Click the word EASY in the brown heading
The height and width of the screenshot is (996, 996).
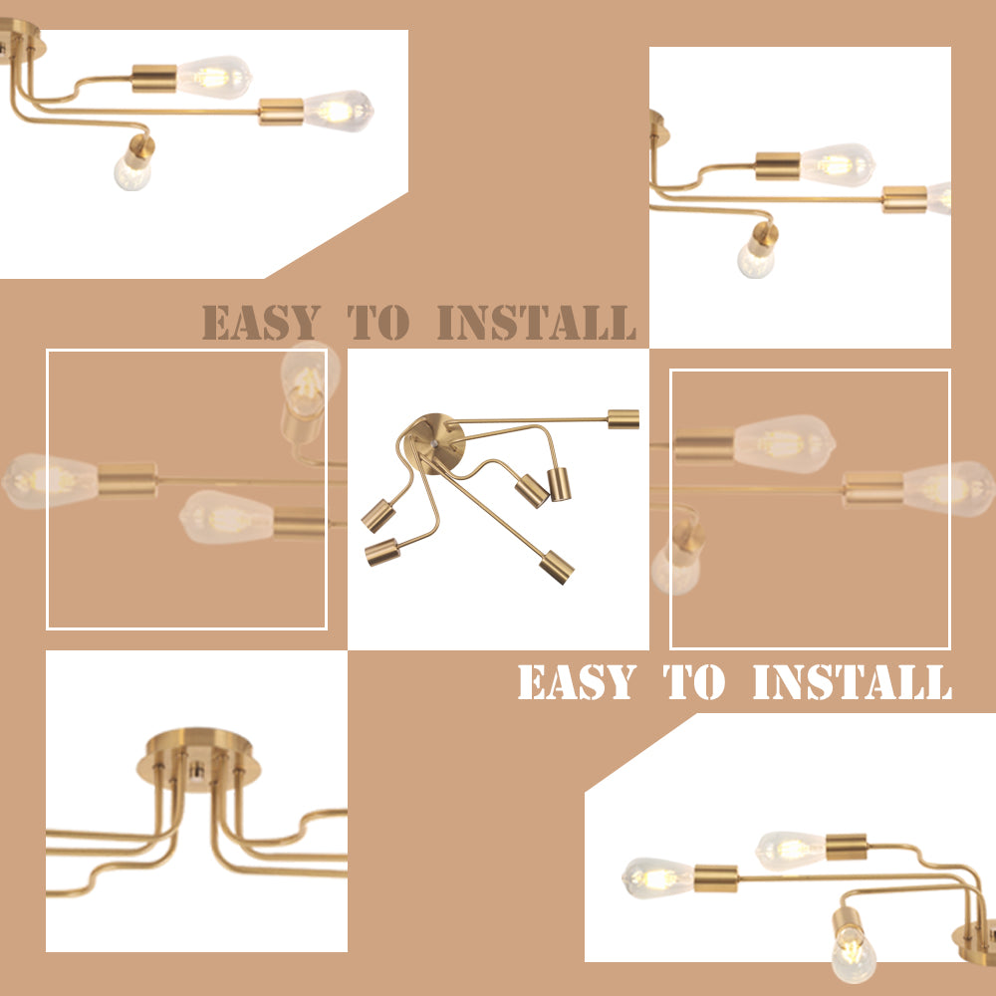coord(260,322)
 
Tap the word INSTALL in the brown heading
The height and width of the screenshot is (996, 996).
coord(537,322)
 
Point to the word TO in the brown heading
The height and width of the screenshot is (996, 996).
coord(377,322)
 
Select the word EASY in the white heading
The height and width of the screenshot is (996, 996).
coord(577,681)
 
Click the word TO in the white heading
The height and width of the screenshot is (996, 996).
coord(693,681)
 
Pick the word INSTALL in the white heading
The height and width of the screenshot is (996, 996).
coord(853,681)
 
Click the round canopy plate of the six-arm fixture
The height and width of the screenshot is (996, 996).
coord(437,440)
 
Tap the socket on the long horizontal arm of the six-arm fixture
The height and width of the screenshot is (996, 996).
coord(623,419)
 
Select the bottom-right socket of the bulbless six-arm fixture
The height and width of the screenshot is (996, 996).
coord(557,567)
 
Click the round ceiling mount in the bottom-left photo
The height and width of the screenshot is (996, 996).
coord(199,759)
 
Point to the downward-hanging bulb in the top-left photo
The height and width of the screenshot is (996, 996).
coord(132,172)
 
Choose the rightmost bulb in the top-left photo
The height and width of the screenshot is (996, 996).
coord(339,112)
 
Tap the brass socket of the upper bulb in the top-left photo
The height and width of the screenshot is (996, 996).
coord(154,78)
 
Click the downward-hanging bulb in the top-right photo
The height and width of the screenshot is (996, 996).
coord(756,260)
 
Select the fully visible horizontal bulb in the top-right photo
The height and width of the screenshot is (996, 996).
coord(838,165)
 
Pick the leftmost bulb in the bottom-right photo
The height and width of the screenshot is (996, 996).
coord(658,878)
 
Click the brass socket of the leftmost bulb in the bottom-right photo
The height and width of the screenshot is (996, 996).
coord(716,878)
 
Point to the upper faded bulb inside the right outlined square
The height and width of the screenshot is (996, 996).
coord(785,444)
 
